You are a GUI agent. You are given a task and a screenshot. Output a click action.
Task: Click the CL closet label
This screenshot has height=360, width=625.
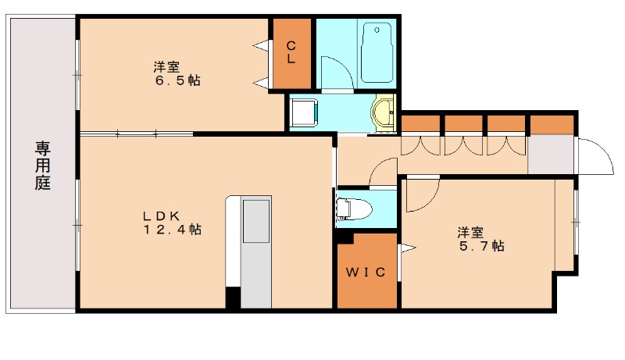pyautogui.click(x=291, y=52)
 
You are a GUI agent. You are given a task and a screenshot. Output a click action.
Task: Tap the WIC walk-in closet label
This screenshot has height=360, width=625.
pyautogui.click(x=366, y=272)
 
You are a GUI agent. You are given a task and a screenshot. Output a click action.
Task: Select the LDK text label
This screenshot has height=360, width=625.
pyautogui.click(x=162, y=216)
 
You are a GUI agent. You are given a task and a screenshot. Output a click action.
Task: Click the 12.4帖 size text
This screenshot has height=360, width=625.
pyautogui.click(x=172, y=230)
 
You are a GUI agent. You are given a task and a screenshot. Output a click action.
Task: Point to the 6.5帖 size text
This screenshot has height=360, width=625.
pyautogui.click(x=178, y=81)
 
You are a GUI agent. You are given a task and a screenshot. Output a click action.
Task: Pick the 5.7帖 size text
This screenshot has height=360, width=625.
pyautogui.click(x=482, y=246)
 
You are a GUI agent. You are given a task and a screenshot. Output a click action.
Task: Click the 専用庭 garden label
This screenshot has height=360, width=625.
pyautogui.click(x=42, y=166)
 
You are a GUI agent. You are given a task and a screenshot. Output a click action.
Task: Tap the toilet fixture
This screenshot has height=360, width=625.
pyautogui.click(x=354, y=209)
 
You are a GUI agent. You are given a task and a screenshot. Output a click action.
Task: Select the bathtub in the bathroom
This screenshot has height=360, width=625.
pyautogui.click(x=377, y=53)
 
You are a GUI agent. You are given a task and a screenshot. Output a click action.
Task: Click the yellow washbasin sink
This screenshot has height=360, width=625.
pyautogui.click(x=383, y=112)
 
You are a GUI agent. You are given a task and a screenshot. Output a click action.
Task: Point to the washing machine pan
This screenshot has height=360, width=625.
pyautogui.click(x=304, y=112)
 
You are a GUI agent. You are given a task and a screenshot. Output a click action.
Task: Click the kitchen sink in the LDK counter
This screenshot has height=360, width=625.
pyautogui.click(x=256, y=221)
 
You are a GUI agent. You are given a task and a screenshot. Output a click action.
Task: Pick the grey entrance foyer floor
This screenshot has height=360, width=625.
pyautogui.click(x=552, y=155)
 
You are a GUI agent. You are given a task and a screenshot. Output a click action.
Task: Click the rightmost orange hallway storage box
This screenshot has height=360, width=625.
pyautogui.click(x=552, y=125)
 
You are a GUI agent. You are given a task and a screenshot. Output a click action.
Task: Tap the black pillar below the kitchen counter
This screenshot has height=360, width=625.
pyautogui.click(x=233, y=298)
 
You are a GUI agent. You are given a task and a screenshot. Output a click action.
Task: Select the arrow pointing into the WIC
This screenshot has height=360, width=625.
pyautogui.click(x=407, y=248)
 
